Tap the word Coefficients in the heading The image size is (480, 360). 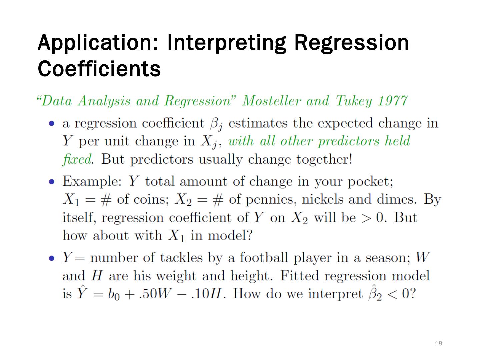click(99, 69)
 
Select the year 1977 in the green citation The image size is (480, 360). click(393, 101)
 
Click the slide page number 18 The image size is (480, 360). click(438, 343)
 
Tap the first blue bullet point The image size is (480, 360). click(51, 124)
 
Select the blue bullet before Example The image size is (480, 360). click(51, 182)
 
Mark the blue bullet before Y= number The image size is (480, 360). click(51, 258)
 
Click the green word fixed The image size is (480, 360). click(76, 159)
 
